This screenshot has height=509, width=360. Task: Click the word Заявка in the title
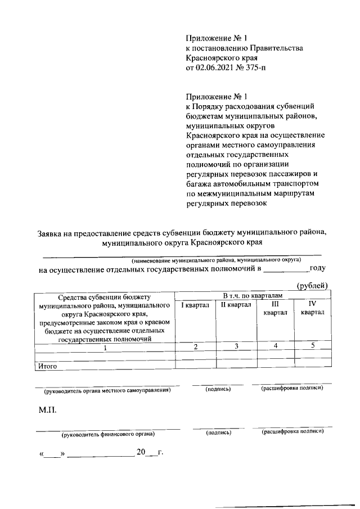click(52, 232)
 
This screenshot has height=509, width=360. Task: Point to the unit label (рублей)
click(312, 286)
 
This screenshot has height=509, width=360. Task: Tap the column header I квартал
click(195, 305)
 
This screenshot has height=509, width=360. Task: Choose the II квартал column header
click(235, 305)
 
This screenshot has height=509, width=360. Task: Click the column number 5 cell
click(312, 346)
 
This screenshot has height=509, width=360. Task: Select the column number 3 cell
click(236, 346)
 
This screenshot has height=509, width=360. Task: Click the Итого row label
click(48, 366)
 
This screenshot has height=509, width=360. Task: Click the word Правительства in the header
click(276, 48)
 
